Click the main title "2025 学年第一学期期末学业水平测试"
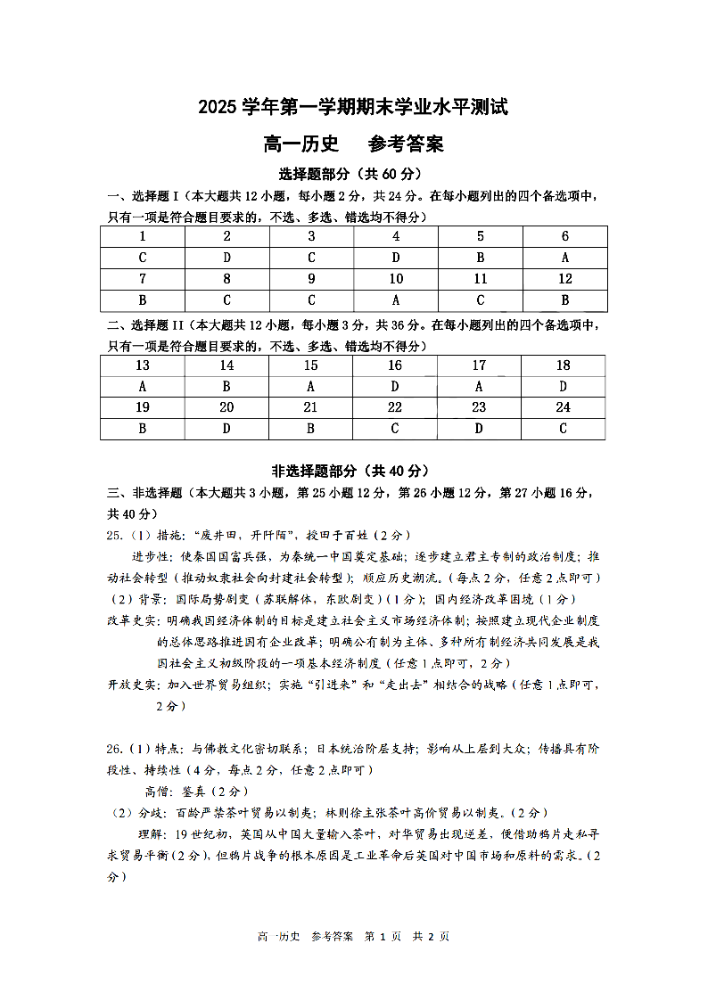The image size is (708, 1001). pyautogui.click(x=353, y=108)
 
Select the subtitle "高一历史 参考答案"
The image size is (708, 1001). pyautogui.click(x=353, y=144)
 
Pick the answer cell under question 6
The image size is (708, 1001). pyautogui.click(x=565, y=258)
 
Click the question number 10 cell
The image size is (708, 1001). pyautogui.click(x=396, y=279)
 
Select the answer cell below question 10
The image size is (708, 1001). pyautogui.click(x=396, y=300)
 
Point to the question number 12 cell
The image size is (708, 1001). pyautogui.click(x=565, y=279)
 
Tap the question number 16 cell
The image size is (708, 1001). pyautogui.click(x=395, y=365)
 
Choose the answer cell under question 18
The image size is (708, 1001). pyautogui.click(x=563, y=387)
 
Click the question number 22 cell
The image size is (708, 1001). pyautogui.click(x=395, y=407)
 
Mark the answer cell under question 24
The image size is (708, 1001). pyautogui.click(x=563, y=429)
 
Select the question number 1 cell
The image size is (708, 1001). pyautogui.click(x=143, y=236)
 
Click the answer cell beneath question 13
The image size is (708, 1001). pyautogui.click(x=143, y=387)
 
